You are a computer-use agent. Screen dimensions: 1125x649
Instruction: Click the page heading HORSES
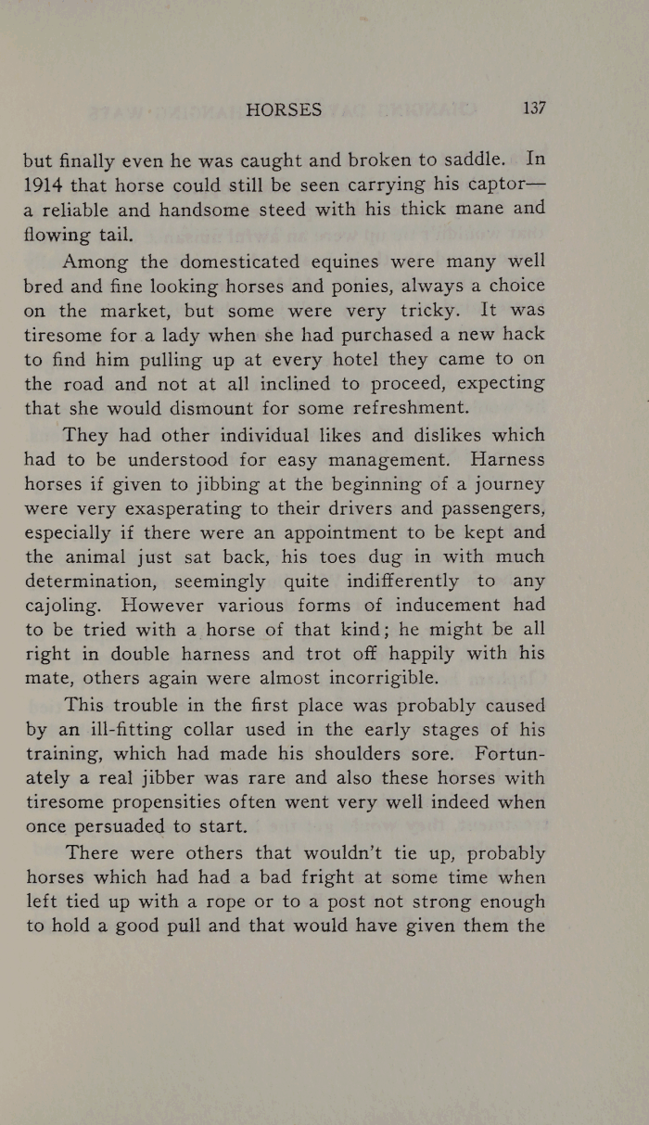pos(284,110)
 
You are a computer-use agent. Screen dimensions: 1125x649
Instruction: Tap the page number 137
pos(534,108)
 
